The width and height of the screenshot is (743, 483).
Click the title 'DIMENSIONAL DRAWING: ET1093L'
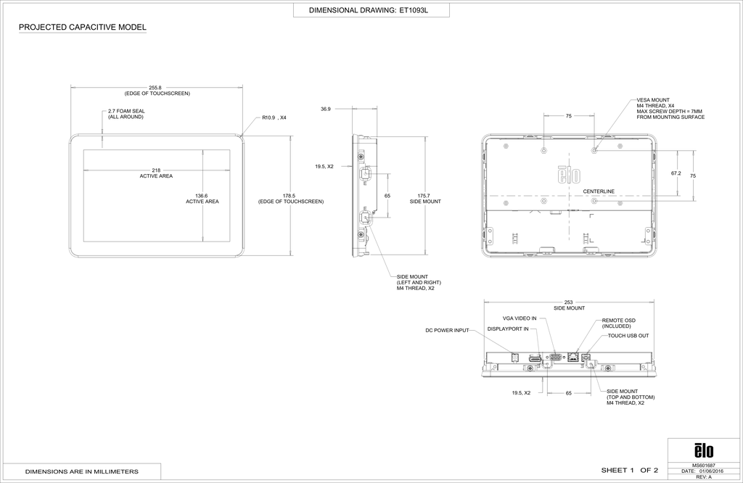tap(369, 10)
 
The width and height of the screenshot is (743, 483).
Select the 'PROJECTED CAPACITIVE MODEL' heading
tap(83, 28)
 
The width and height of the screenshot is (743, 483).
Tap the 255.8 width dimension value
tap(155, 88)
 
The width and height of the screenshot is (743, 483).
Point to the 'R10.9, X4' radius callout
tap(274, 117)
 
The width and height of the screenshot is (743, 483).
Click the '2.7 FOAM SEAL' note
tap(126, 111)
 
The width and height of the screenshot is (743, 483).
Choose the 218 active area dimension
tap(156, 170)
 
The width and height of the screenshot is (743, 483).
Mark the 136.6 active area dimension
tap(202, 196)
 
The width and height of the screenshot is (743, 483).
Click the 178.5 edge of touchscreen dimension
tap(290, 196)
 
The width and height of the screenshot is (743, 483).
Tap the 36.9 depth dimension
tap(325, 109)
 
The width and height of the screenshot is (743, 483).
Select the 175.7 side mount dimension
tap(424, 196)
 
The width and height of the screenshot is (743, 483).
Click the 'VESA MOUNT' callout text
tap(653, 100)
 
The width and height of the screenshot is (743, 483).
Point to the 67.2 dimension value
tap(676, 173)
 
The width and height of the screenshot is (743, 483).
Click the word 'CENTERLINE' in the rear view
tap(599, 191)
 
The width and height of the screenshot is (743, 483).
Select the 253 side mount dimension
tap(569, 302)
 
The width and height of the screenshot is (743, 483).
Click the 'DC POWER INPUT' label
tap(447, 331)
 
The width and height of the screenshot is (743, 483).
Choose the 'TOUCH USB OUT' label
tap(628, 336)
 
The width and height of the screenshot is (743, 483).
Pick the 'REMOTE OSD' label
tap(619, 320)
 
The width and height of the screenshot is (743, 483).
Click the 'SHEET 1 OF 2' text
tap(629, 471)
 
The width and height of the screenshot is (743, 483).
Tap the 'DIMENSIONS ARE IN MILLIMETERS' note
tap(81, 472)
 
